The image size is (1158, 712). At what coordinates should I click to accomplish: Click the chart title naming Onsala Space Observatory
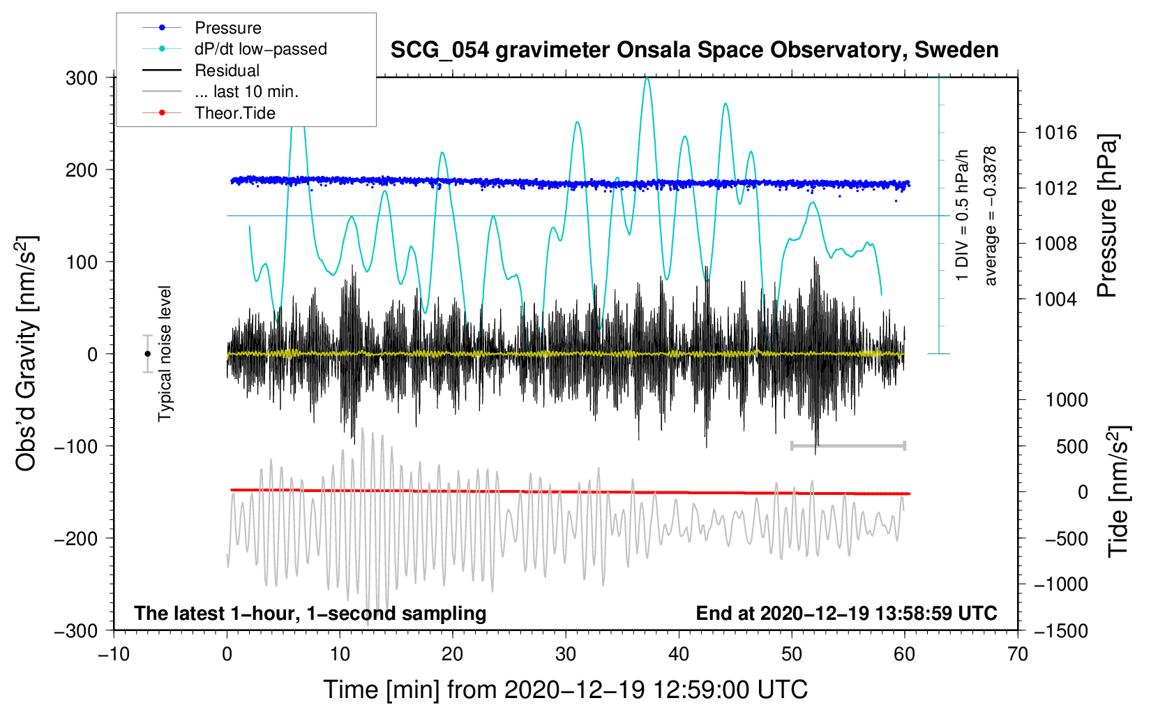(x=694, y=50)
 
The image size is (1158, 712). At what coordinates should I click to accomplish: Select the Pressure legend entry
(x=227, y=28)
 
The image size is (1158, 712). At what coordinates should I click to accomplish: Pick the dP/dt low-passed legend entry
(x=260, y=49)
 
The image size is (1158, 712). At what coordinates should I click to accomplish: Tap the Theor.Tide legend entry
(x=234, y=113)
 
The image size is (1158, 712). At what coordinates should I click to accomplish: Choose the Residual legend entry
(x=227, y=71)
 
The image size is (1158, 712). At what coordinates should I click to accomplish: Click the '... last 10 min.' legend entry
(x=246, y=91)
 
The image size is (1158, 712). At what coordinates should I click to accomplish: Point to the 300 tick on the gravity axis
(x=82, y=78)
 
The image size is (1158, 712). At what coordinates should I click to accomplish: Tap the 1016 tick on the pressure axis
(x=1055, y=133)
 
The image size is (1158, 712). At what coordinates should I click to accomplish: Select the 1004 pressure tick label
(x=1055, y=299)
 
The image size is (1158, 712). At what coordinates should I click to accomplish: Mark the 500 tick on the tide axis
(x=1071, y=447)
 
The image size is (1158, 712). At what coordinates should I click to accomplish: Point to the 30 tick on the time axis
(x=566, y=654)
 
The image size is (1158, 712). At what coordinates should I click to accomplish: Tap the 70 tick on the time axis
(x=1018, y=654)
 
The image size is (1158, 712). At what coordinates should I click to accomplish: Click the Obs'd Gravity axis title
(x=26, y=354)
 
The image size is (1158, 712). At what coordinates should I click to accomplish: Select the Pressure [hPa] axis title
(x=1107, y=216)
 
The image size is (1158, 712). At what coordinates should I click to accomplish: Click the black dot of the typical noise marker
(x=147, y=354)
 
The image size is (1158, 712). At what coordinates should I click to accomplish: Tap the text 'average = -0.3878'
(x=991, y=216)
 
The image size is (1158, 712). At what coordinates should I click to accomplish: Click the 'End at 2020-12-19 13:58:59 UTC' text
(x=846, y=614)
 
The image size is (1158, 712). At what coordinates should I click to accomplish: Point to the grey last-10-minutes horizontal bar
(x=848, y=445)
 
